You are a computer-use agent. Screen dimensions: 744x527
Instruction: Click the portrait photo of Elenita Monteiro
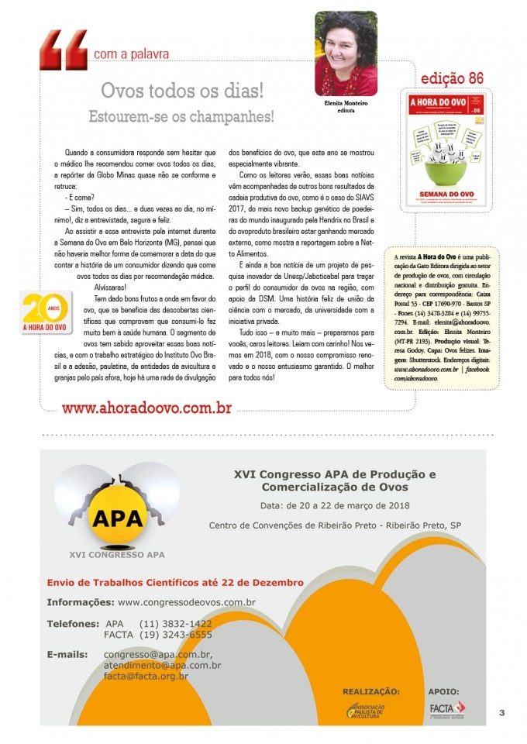click(346, 53)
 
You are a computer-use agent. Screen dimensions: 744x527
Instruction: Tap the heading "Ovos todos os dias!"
click(182, 91)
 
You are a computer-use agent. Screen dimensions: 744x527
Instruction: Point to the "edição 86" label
click(452, 79)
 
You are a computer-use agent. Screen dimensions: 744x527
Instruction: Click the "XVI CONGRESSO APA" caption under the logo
click(116, 554)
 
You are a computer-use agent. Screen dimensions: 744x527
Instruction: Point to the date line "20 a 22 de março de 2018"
click(335, 505)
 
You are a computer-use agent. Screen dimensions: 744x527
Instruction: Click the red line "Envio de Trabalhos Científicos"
click(175, 582)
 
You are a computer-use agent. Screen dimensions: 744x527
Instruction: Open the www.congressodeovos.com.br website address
click(187, 602)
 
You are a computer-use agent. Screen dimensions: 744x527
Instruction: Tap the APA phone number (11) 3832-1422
click(175, 624)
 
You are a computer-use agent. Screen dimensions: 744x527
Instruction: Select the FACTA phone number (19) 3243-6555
click(175, 635)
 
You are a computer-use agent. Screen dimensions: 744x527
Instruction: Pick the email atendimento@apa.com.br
click(162, 665)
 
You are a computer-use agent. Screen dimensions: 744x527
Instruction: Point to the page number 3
click(501, 713)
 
